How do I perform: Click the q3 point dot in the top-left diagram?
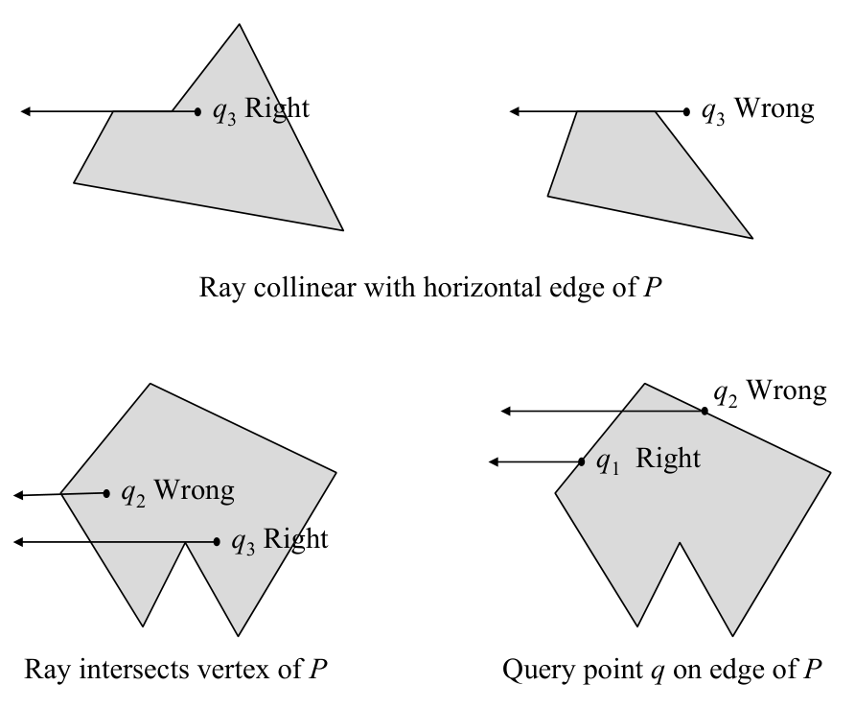[x=198, y=112]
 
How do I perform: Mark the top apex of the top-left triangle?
[x=239, y=24]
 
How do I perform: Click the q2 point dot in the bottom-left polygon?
[x=107, y=493]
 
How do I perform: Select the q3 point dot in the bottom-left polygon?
[x=218, y=542]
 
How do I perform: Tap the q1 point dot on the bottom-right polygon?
[x=583, y=462]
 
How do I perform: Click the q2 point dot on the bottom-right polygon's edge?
[x=705, y=411]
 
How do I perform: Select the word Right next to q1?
[x=668, y=459]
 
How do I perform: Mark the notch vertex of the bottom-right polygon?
[x=680, y=544]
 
